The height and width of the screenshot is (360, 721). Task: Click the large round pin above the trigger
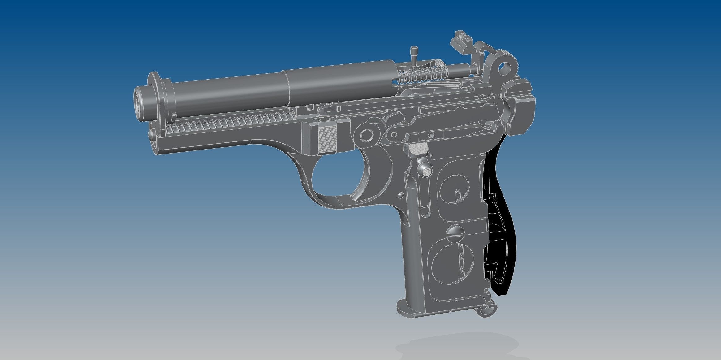pos(367,135)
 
